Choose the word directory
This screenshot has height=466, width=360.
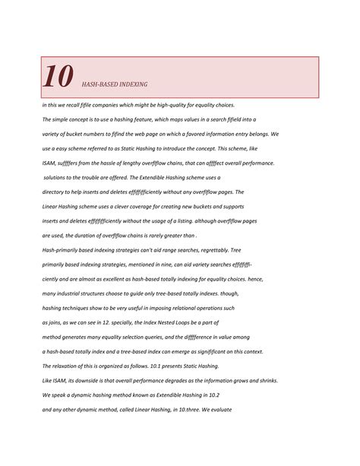click(56, 192)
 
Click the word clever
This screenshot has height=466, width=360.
click(136, 207)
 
